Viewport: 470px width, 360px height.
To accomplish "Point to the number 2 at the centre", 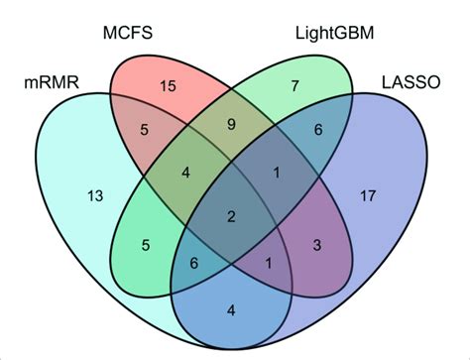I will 231,217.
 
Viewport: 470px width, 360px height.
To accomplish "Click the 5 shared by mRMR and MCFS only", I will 145,129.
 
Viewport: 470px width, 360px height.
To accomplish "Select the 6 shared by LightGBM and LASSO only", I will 317,129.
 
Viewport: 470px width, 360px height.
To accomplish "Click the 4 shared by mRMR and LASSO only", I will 231,310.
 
